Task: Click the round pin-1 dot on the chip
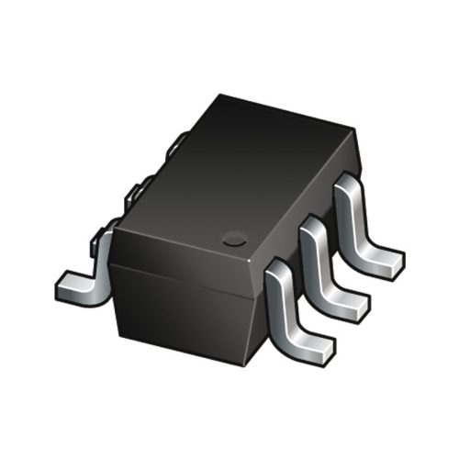(235, 241)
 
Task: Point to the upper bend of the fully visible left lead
(104, 241)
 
